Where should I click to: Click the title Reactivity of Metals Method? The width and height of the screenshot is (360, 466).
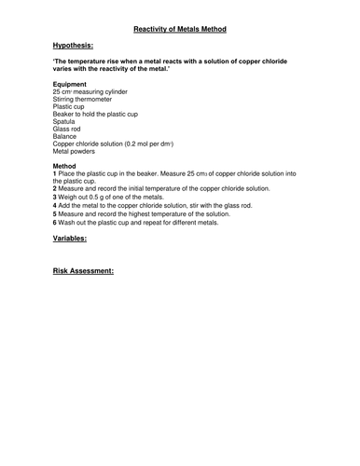tap(180, 29)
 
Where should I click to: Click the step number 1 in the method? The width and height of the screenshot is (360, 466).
tap(55, 173)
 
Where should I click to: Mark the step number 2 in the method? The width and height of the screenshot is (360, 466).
tap(55, 189)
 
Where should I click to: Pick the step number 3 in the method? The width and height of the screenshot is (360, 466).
tap(55, 197)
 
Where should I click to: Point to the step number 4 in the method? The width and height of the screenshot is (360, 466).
tap(55, 205)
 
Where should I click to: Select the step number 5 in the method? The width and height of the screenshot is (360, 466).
tap(55, 212)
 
